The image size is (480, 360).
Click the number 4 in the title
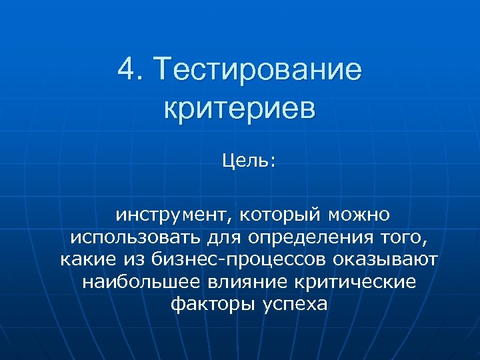click(127, 70)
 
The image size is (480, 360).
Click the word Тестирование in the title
click(257, 70)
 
